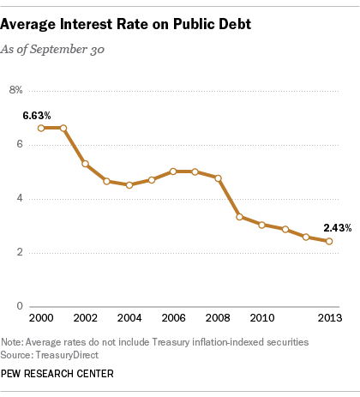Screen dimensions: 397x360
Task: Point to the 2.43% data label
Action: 337,227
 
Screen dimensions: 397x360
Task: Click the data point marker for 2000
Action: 41,128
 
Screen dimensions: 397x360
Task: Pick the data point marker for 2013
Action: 329,241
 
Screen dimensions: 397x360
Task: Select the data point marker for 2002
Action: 85,163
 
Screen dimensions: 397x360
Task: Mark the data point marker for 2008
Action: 219,178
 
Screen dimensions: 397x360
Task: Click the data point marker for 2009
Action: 240,217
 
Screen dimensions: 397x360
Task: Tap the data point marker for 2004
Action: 129,184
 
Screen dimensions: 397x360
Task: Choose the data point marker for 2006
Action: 174,171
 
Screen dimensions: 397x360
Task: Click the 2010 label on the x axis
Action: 262,318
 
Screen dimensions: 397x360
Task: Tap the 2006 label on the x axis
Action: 174,318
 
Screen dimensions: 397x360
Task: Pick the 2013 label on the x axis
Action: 329,318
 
